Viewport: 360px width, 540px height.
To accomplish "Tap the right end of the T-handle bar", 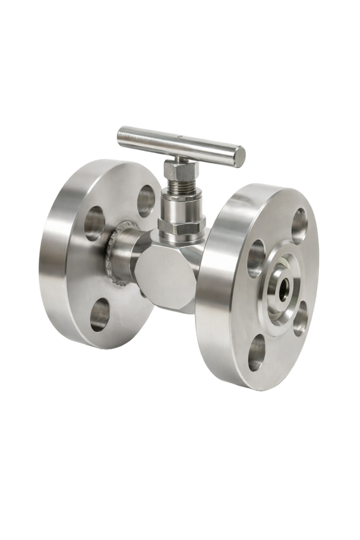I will (238, 157).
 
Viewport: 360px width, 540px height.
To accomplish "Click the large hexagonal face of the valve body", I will (167, 274).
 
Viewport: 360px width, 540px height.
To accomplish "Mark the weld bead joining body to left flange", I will (115, 256).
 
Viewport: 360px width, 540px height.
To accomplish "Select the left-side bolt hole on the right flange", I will (256, 258).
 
